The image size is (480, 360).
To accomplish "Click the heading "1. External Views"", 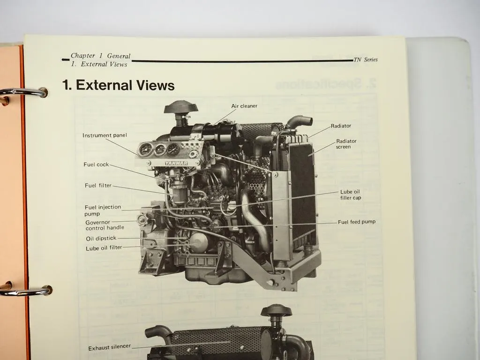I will (x=118, y=85).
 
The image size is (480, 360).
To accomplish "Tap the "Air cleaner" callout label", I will (x=244, y=106).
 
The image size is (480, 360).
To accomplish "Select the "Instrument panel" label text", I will (x=105, y=135).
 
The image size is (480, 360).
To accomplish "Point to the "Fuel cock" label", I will (x=96, y=165).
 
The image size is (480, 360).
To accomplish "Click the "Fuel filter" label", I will (x=98, y=186).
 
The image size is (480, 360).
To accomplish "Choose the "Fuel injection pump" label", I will (x=103, y=210).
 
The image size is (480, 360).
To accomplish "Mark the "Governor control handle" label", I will (x=105, y=225).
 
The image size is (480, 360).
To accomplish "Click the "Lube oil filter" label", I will (x=104, y=248).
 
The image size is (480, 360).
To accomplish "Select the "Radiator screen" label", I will (x=346, y=144).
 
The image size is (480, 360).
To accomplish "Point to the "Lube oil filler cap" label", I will (x=350, y=195).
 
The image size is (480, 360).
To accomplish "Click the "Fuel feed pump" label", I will (x=356, y=222).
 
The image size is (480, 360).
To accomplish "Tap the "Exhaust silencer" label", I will (x=110, y=348).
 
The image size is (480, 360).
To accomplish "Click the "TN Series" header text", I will (x=366, y=60).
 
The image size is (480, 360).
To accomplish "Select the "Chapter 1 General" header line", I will (x=100, y=56).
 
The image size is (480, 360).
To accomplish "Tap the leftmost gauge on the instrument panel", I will (x=145, y=150).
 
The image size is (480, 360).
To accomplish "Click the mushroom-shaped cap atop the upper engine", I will (x=181, y=107).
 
